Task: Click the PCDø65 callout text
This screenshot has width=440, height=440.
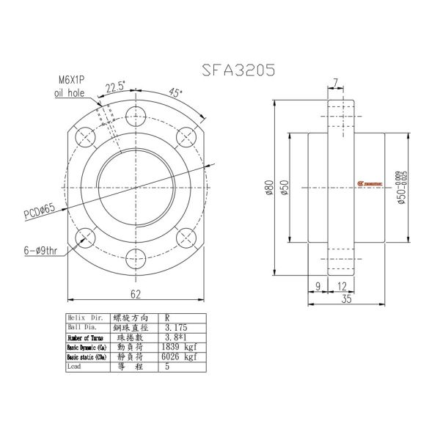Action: point(41,212)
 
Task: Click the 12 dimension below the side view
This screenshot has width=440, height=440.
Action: point(342,285)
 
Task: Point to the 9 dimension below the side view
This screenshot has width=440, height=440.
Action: point(317,285)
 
